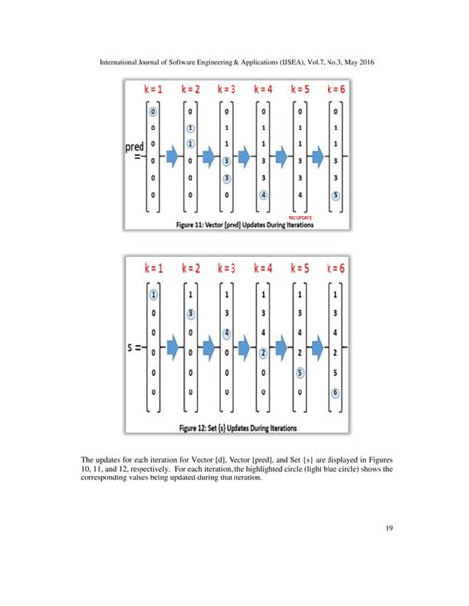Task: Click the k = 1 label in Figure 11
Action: click(154, 90)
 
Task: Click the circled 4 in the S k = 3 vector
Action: click(228, 333)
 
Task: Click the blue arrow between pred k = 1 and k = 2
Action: click(172, 156)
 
